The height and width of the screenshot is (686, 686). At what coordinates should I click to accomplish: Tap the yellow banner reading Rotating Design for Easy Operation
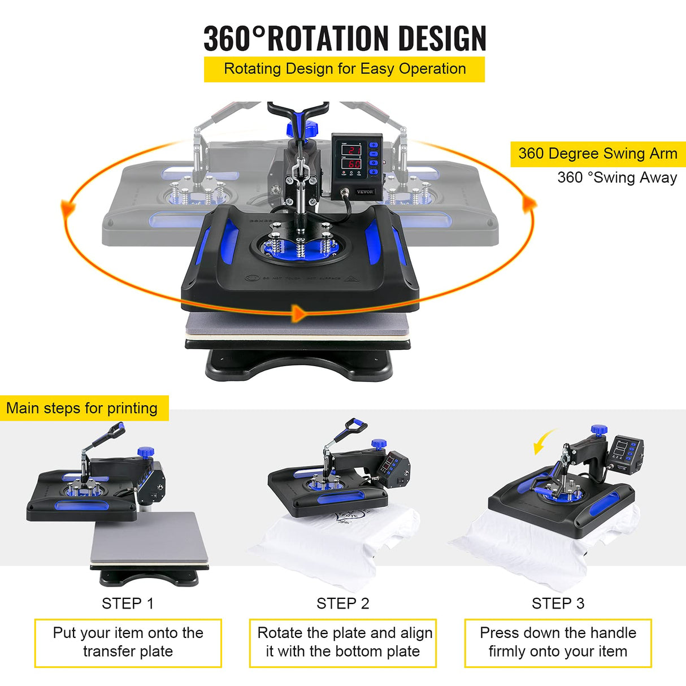344,69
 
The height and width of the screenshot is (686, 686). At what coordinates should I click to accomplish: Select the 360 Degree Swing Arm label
597,154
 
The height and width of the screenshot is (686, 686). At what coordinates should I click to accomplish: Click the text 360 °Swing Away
616,177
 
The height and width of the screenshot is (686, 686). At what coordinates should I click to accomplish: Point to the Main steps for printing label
83,408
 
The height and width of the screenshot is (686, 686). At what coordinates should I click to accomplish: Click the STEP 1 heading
127,603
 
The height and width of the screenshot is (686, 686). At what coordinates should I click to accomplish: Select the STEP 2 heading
342,603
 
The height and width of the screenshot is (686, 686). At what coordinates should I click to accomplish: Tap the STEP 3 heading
558,603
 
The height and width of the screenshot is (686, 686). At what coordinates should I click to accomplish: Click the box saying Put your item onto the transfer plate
128,642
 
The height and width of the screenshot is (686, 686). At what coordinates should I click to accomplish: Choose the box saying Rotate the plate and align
343,642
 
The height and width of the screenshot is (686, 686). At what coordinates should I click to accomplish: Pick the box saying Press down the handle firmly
558,642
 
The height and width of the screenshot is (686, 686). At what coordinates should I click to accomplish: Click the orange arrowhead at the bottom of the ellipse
298,312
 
